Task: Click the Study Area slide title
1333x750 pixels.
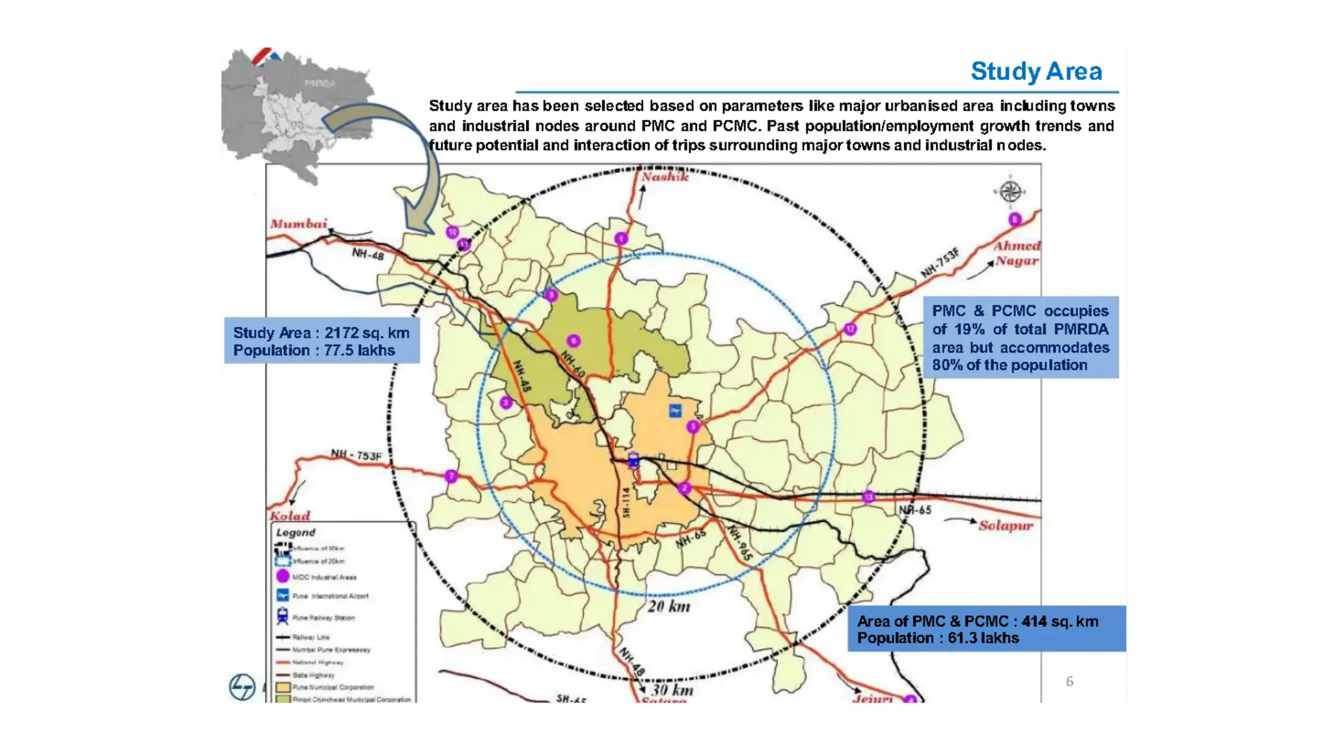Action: pos(1036,71)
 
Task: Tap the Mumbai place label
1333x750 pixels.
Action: pos(299,224)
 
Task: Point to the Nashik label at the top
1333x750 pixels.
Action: pos(665,176)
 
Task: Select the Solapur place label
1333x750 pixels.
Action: pos(1006,525)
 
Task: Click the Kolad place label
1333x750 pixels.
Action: pos(290,516)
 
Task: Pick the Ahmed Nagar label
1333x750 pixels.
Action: pos(1016,253)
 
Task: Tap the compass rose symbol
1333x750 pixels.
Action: pos(1010,191)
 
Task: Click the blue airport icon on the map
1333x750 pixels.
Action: pos(676,411)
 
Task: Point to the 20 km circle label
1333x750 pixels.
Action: pos(669,607)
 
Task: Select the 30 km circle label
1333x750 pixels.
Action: pos(672,689)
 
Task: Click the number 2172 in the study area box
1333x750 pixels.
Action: pos(342,333)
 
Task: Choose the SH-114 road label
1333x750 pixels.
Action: pos(626,502)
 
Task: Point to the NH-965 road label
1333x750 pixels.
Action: pos(740,543)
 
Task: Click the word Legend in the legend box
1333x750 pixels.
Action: pos(295,533)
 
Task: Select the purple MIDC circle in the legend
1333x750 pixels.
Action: pos(282,576)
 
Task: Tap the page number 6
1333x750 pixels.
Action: pos(1069,681)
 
